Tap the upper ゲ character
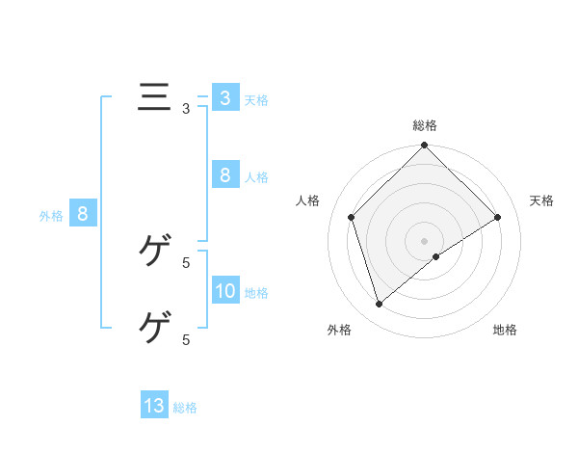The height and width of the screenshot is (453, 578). pos(154,252)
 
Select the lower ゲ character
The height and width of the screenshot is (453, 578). pos(154,328)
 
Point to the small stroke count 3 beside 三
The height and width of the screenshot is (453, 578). pos(186,109)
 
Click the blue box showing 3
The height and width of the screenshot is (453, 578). pos(224,98)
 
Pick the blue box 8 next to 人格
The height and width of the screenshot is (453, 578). pos(224,175)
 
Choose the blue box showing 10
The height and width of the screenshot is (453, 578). pos(224,291)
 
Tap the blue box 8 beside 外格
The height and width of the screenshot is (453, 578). pos(83,214)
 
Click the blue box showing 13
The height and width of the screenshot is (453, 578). pos(154,406)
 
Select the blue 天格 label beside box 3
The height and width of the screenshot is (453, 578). pos(256,100)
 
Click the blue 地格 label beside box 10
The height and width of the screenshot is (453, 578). pos(256,293)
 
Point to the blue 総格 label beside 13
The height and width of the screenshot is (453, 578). pos(185,408)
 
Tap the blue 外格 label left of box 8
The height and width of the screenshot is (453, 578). pos(51,216)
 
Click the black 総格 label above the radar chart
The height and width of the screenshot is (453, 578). pos(425,126)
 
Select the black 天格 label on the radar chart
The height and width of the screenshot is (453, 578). pos(542,200)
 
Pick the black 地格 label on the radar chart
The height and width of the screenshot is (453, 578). pos(505,330)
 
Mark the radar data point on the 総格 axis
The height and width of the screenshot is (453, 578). pos(425,147)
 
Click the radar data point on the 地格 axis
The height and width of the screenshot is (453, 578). pos(436,256)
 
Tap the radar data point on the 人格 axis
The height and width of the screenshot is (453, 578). pos(352,217)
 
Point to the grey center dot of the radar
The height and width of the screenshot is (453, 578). pos(425,240)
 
